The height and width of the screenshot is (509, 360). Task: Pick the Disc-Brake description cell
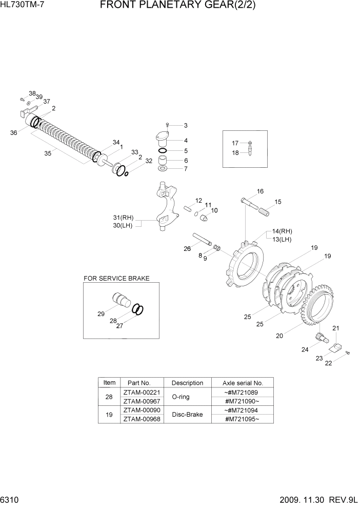187,415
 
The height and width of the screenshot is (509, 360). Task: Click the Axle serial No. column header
243,383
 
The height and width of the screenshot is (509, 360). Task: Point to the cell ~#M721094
243,410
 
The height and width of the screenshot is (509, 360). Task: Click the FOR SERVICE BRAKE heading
116,278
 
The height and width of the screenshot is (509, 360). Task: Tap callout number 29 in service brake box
101,312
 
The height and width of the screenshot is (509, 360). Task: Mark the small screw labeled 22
347,352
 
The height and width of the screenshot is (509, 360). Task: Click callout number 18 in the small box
235,152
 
